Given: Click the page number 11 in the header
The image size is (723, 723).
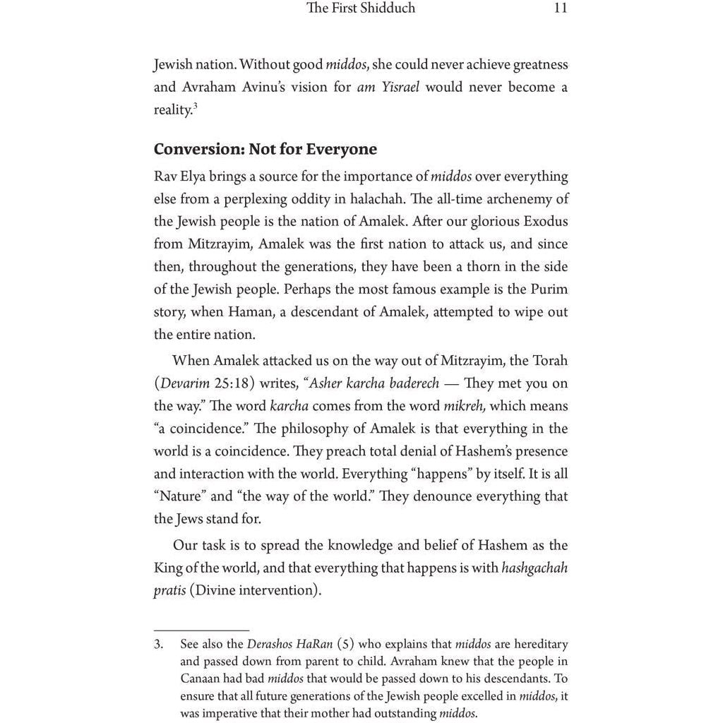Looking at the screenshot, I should click(561, 8).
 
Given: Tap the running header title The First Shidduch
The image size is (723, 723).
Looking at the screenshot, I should click(361, 8).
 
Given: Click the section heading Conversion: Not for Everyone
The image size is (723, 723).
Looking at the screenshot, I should click(265, 150).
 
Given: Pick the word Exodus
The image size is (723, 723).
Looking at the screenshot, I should click(544, 222).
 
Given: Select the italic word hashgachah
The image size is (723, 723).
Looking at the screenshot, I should click(534, 567).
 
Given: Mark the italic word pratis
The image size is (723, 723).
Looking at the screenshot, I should click(170, 590).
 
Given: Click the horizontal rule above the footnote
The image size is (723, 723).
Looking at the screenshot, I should click(201, 630).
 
